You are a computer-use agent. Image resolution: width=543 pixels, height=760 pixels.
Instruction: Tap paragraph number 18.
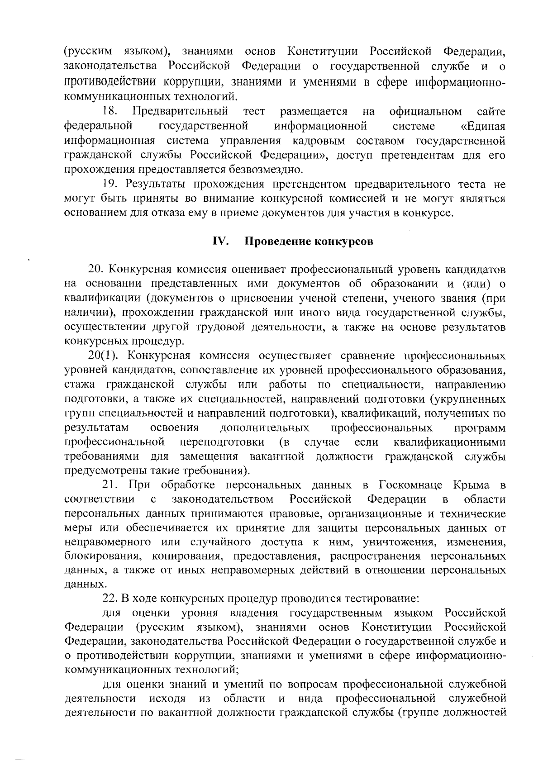point(111,111)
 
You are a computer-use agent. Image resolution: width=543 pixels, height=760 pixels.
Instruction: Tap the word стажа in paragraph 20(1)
point(80,385)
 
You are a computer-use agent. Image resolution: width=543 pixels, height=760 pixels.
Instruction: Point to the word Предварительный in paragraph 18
point(180,111)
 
